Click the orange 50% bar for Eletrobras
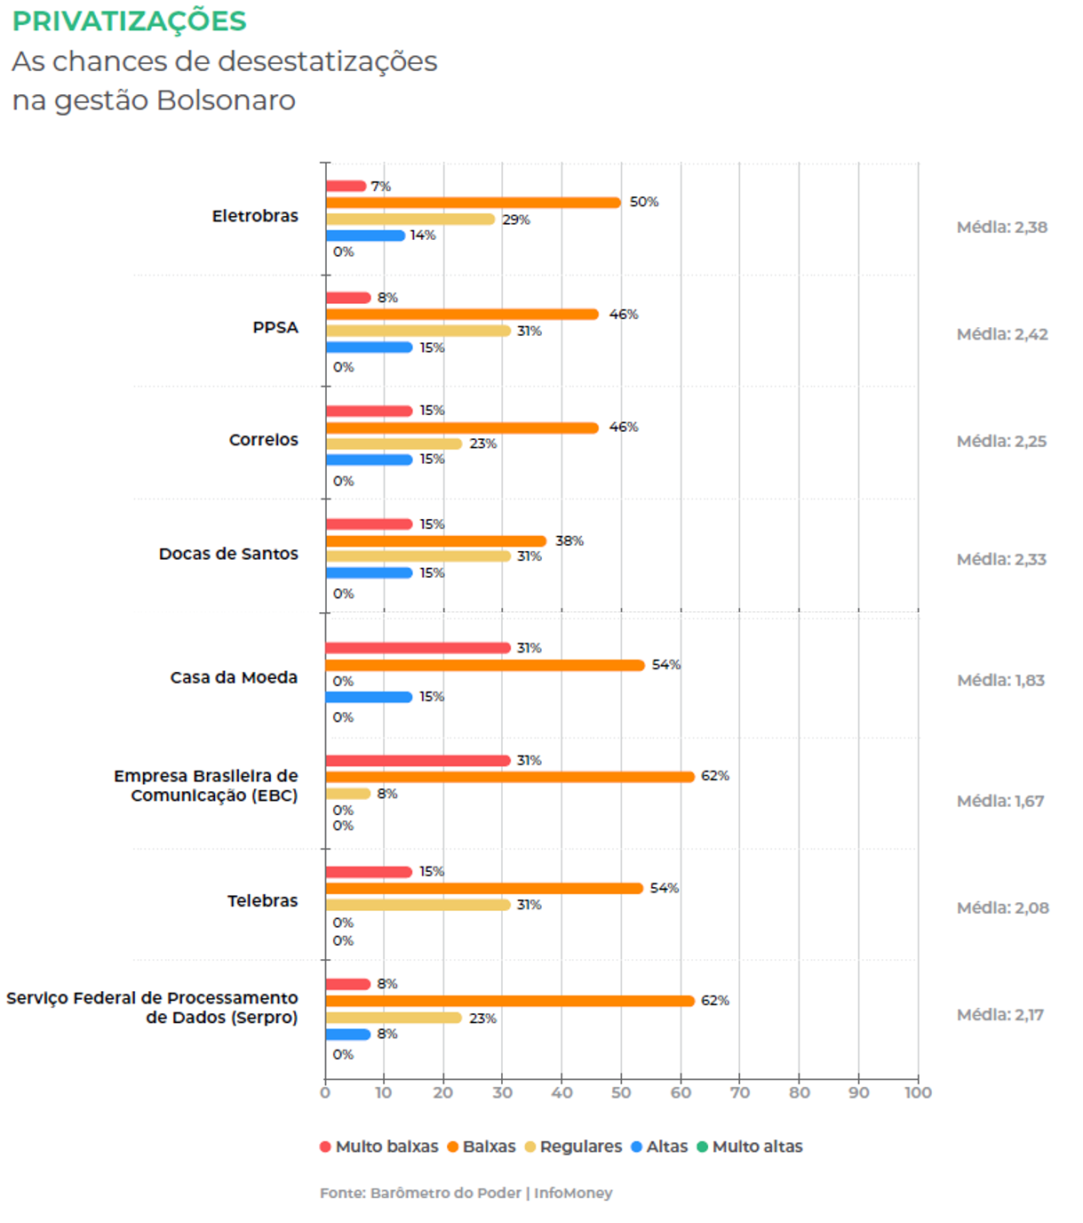coord(473,203)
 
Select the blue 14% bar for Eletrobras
coord(365,236)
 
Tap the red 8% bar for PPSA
coord(347,298)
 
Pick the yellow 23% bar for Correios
coord(394,444)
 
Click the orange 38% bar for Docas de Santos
coord(435,541)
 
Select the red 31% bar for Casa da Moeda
coord(418,648)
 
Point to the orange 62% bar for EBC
coord(509,777)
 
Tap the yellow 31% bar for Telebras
coord(418,905)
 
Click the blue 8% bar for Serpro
coord(347,1035)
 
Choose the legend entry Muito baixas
coord(379,1147)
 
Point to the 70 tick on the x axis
coord(740,1092)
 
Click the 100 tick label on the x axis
coord(918,1092)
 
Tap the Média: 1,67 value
coord(1000,801)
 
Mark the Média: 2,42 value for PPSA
coord(1002,334)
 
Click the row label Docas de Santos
coord(228,554)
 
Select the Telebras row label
coord(262,900)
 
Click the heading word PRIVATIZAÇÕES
coord(130,21)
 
